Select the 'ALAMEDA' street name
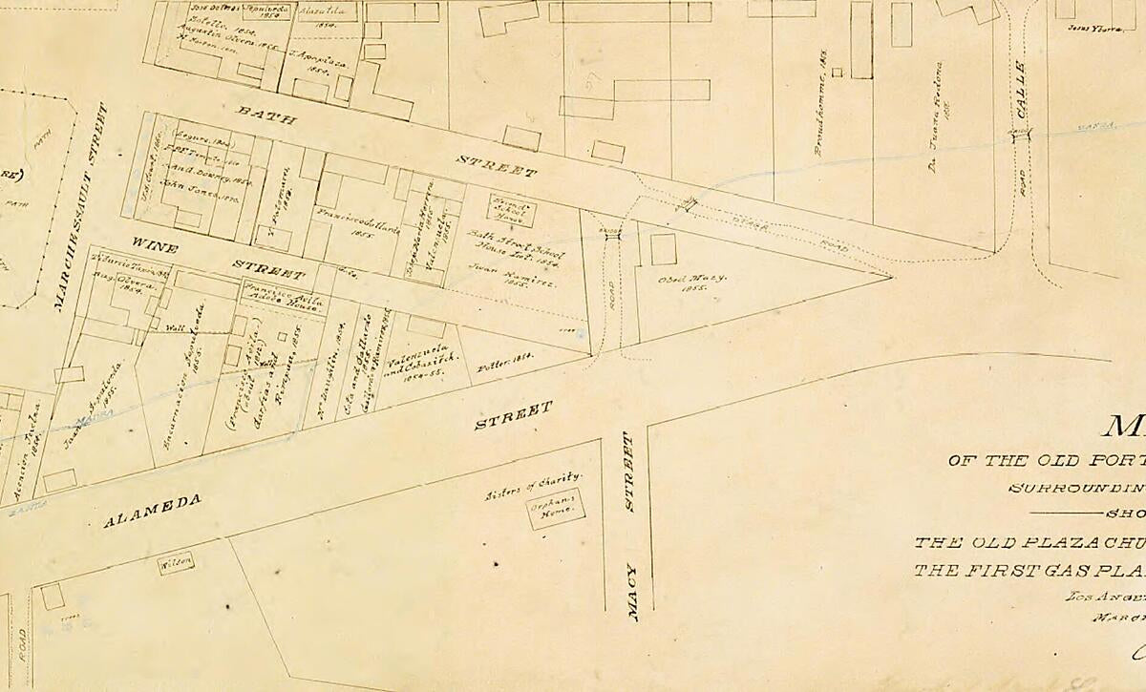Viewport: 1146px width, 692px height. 152,513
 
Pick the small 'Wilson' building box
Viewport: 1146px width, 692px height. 177,563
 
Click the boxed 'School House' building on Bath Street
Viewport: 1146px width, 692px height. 513,210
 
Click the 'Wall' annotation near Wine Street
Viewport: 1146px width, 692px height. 175,327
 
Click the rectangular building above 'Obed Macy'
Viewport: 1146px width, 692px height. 664,249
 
